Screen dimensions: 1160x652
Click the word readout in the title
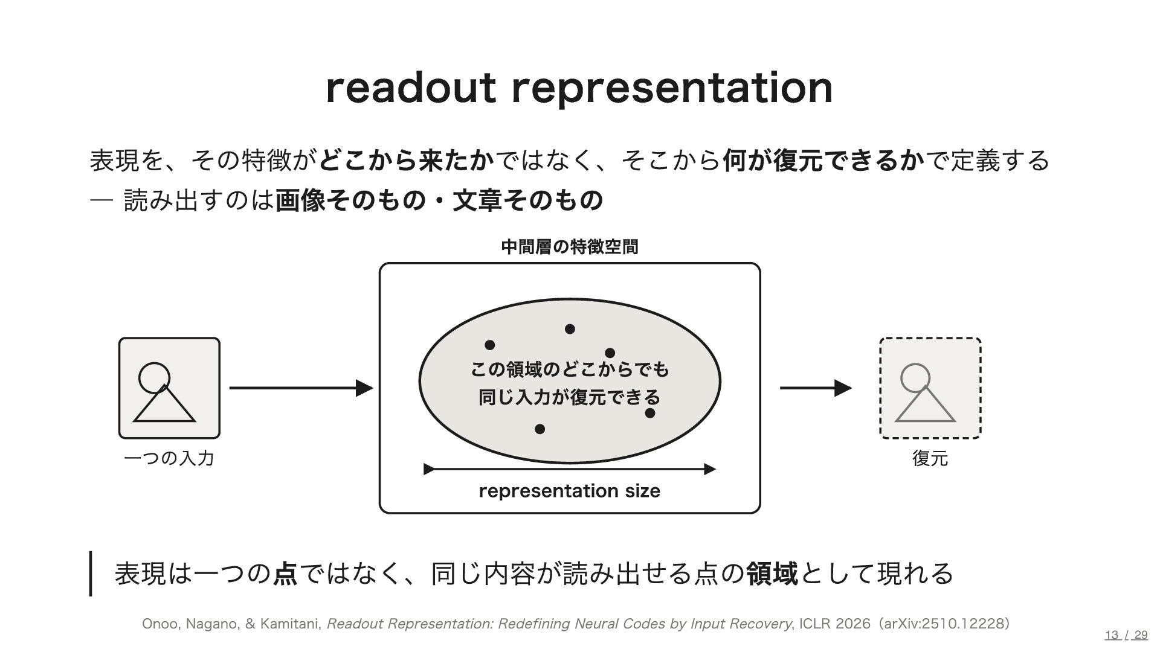(x=411, y=88)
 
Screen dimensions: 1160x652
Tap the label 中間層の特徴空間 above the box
(x=570, y=247)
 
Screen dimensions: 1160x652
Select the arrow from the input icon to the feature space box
(x=301, y=388)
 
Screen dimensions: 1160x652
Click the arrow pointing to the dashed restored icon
(x=816, y=388)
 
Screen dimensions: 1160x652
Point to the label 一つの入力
(x=169, y=458)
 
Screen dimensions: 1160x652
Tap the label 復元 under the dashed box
(x=930, y=458)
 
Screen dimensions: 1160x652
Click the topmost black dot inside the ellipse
(x=570, y=329)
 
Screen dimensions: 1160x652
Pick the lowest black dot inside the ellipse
(x=540, y=429)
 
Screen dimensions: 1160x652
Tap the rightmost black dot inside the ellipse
(x=650, y=414)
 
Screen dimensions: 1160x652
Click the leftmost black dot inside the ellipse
(x=490, y=345)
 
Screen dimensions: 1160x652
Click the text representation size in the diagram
(x=570, y=491)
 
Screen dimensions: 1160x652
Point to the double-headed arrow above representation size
(x=570, y=469)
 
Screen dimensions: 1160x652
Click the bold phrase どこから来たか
(x=407, y=161)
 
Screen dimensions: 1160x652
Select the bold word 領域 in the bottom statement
(x=772, y=574)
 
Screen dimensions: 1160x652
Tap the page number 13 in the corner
(x=1112, y=634)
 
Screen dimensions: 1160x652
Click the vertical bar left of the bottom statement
(x=91, y=574)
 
